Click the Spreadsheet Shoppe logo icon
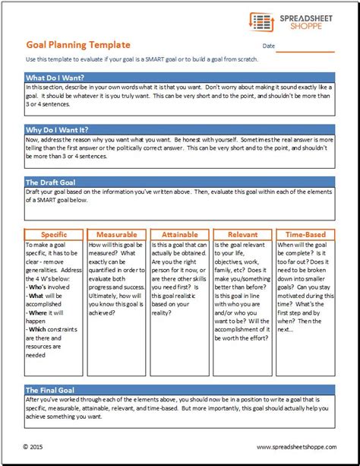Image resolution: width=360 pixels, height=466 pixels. pyautogui.click(x=261, y=22)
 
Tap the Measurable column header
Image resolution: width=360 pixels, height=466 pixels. pyautogui.click(x=116, y=235)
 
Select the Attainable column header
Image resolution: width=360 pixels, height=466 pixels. pyautogui.click(x=179, y=235)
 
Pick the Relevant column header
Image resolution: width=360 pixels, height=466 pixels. pyautogui.click(x=242, y=235)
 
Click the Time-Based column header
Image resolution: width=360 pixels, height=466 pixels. pyautogui.click(x=305, y=235)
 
